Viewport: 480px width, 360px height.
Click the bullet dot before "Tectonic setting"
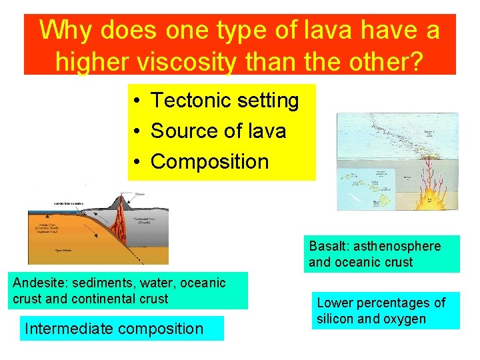pyautogui.click(x=135, y=101)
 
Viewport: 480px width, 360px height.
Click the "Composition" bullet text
pyautogui.click(x=209, y=161)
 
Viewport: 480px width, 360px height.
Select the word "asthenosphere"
pyautogui.click(x=397, y=246)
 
